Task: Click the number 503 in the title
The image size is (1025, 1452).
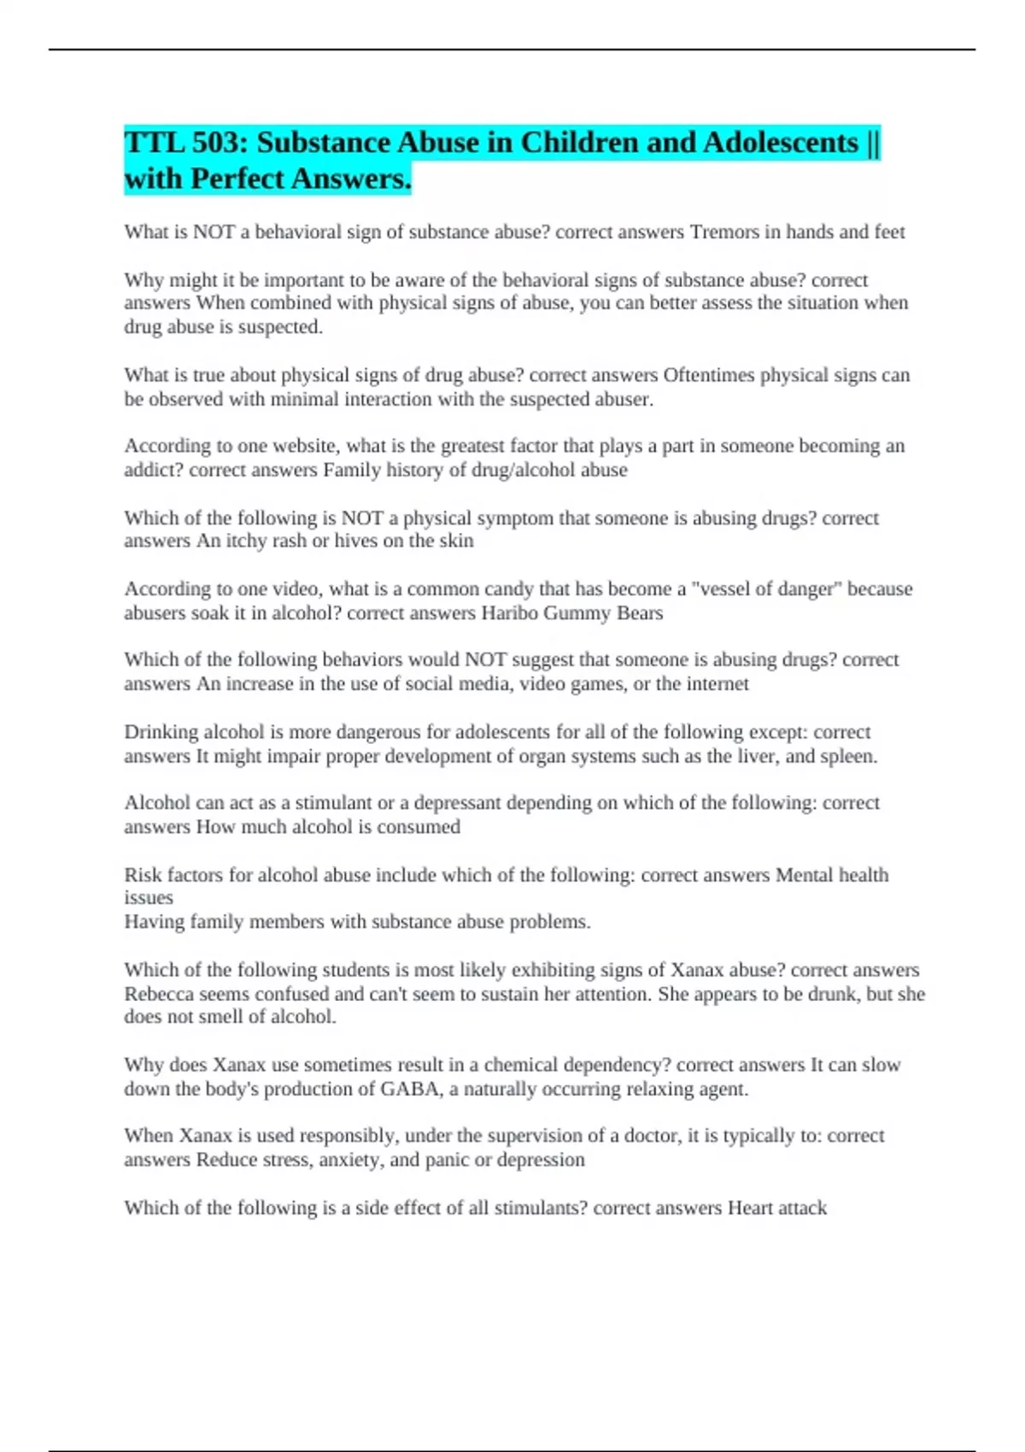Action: point(218,143)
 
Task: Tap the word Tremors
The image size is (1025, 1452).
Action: point(723,232)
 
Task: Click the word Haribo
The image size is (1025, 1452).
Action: point(510,613)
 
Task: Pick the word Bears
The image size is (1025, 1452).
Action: point(640,613)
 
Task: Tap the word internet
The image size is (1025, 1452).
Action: point(714,684)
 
